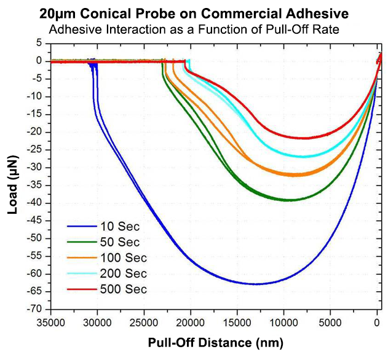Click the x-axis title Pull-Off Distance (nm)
215,342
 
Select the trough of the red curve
304,138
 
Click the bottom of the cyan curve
303,157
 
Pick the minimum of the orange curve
296,175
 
